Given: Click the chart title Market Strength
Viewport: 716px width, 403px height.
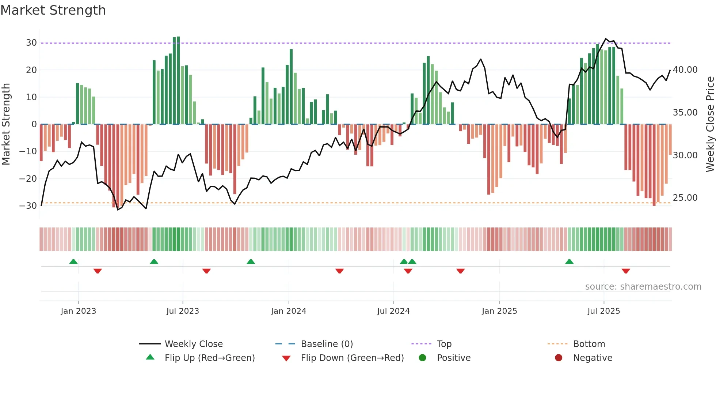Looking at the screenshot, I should pyautogui.click(x=53, y=10).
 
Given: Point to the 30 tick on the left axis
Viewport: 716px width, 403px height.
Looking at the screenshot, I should pyautogui.click(x=31, y=43).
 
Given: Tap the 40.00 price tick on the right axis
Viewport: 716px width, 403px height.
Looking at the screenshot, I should pyautogui.click(x=685, y=70).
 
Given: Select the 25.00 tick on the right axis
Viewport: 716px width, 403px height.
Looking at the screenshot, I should pyautogui.click(x=685, y=198).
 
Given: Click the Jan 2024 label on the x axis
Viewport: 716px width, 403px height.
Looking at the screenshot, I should pyautogui.click(x=288, y=311).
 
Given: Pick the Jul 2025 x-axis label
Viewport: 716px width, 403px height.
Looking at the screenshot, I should pyautogui.click(x=603, y=311).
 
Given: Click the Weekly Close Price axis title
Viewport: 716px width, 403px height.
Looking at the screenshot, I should pyautogui.click(x=710, y=124).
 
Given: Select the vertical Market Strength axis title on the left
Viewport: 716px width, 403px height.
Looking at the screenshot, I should pyautogui.click(x=6, y=124).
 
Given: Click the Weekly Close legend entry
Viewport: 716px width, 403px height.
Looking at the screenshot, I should pyautogui.click(x=193, y=344).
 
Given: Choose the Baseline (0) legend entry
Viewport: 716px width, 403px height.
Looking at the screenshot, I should pyautogui.click(x=327, y=344).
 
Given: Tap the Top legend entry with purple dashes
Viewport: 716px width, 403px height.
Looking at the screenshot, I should pyautogui.click(x=444, y=344).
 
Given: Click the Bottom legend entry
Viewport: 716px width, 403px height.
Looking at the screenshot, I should pyautogui.click(x=589, y=344).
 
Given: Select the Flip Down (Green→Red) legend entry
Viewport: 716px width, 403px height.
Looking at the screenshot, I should pyautogui.click(x=352, y=358).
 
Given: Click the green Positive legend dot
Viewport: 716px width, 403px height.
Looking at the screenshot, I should pyautogui.click(x=422, y=358).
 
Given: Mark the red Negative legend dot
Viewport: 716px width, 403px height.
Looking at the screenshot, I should pyautogui.click(x=559, y=358).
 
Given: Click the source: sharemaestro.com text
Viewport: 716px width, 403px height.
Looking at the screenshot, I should pyautogui.click(x=643, y=287).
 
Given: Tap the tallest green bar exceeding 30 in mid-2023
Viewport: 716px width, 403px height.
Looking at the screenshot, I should pyautogui.click(x=178, y=80).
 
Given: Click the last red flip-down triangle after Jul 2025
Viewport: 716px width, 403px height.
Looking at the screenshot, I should pyautogui.click(x=626, y=271).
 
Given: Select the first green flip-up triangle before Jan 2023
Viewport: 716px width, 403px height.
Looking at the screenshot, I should pyautogui.click(x=73, y=261).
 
